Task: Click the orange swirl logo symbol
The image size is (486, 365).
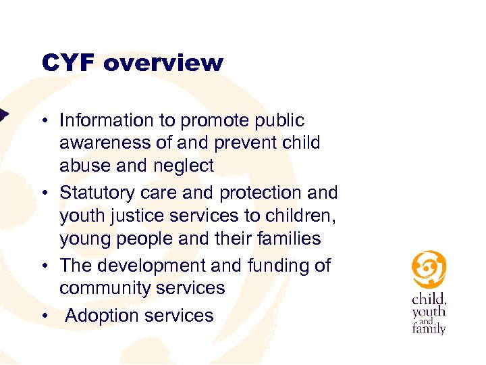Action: tap(429, 269)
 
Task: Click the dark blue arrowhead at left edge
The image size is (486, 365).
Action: tap(3, 114)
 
